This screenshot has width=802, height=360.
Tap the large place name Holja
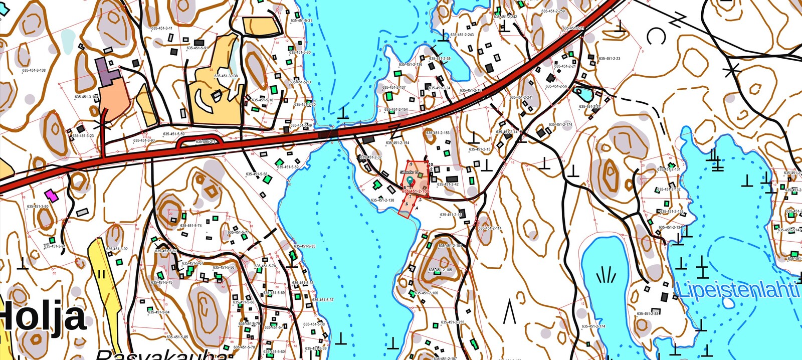(43, 317)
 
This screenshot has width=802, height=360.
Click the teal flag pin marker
(411, 179)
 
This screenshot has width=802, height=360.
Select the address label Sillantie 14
(410, 172)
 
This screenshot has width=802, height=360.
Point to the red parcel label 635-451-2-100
(416, 192)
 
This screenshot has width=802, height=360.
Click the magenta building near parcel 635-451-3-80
(51, 194)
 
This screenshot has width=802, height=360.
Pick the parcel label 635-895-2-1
(205, 142)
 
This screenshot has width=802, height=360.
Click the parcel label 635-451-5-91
(197, 48)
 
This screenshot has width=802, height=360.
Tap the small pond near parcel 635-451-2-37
(583, 93)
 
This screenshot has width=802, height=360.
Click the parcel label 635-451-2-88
(648, 313)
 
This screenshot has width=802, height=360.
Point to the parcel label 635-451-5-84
(158, 312)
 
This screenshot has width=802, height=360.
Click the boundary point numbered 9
(411, 164)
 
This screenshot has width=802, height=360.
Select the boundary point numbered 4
(417, 208)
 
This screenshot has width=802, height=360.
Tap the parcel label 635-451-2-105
(441, 270)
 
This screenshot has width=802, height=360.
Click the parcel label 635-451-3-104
(86, 97)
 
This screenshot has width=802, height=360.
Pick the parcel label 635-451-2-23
(610, 59)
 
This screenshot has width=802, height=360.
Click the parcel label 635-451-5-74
(190, 226)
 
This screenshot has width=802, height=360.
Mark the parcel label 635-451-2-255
(453, 322)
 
